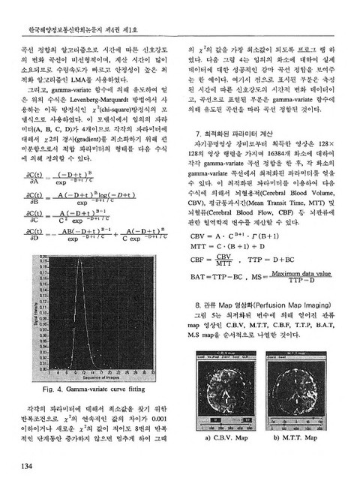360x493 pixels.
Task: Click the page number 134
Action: pos(22,470)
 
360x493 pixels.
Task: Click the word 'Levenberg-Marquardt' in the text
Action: pos(114,87)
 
